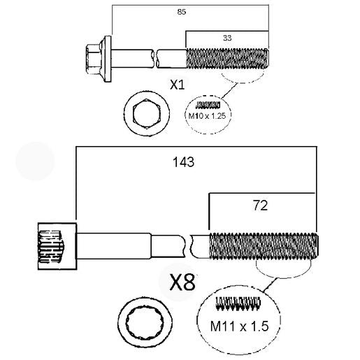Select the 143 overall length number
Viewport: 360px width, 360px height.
[182, 161]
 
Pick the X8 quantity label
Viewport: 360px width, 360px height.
[182, 282]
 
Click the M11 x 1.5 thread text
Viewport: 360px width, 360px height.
[239, 325]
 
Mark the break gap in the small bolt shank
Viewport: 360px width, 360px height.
[154, 55]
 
